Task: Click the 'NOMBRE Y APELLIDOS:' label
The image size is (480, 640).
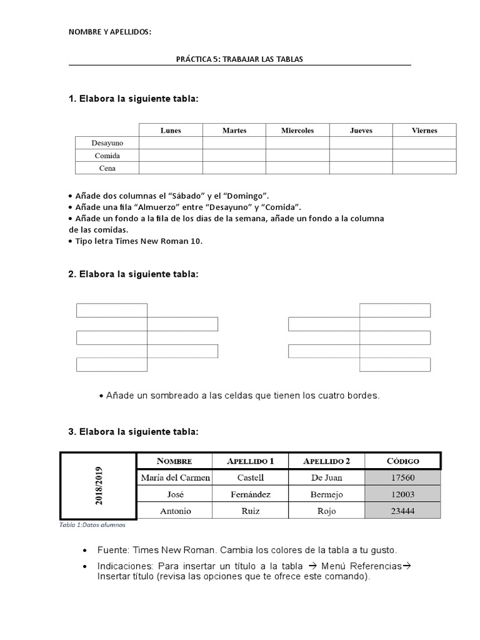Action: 109,31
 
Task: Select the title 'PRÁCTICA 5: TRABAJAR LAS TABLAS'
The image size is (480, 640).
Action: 240,59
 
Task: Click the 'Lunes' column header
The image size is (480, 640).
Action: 171,130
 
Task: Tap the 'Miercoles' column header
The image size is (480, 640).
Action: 297,130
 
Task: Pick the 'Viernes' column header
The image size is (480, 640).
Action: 424,130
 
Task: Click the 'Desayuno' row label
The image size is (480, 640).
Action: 107,142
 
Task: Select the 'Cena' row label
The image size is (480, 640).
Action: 107,167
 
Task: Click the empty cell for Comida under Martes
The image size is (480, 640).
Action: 234,155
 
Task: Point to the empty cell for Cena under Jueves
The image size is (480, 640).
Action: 361,167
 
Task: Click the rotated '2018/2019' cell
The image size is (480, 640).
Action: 98,486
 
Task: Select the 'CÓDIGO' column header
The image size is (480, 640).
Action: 403,461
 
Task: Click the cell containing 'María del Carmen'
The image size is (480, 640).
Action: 175,477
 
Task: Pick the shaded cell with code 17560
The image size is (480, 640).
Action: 403,477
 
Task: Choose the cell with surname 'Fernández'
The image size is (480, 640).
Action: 251,494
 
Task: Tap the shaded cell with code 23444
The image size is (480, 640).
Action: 403,511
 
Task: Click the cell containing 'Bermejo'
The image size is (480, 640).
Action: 327,494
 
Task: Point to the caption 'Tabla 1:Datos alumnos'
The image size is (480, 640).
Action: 92,525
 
